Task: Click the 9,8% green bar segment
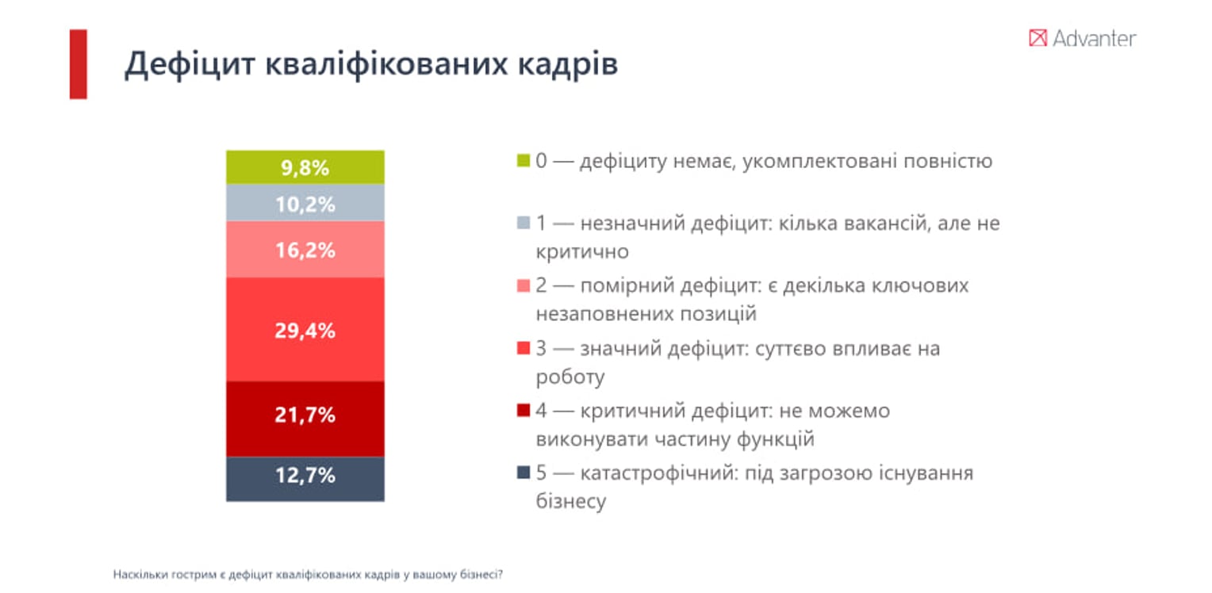tap(305, 167)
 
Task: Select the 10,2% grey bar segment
tap(305, 203)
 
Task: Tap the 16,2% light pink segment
tap(305, 250)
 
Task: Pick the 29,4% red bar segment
tap(305, 330)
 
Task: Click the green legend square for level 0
tap(523, 161)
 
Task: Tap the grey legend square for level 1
tap(523, 224)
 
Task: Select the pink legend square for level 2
tap(523, 285)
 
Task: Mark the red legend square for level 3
tap(523, 348)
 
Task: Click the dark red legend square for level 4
tap(523, 411)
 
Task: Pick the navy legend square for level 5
tap(523, 473)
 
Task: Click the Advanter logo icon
tap(1037, 38)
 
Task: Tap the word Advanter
tap(1094, 38)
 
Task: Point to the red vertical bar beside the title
tap(78, 63)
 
